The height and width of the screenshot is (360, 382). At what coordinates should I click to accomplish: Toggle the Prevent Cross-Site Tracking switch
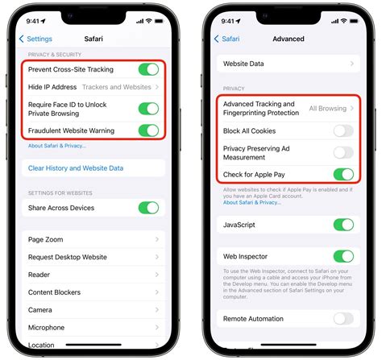pos(148,70)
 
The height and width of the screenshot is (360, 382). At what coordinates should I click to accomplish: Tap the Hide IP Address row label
pos(52,86)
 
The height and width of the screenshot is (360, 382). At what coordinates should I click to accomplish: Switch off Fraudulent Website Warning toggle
pos(148,130)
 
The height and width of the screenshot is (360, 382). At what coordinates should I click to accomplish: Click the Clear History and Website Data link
pos(76,168)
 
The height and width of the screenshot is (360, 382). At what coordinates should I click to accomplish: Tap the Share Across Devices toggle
pos(148,207)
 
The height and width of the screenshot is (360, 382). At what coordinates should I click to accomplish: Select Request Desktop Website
pos(68,257)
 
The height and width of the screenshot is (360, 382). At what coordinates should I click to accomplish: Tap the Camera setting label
pos(40,309)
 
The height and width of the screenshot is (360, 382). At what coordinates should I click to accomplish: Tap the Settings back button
pos(35,38)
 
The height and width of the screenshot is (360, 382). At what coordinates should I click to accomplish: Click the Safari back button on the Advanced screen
pos(227,38)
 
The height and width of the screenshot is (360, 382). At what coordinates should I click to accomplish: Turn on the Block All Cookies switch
pos(343,130)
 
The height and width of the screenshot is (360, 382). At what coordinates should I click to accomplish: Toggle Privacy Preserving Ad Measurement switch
pos(343,152)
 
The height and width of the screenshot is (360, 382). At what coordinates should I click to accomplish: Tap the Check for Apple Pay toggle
pos(343,174)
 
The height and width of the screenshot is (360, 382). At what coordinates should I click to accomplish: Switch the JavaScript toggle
pos(343,225)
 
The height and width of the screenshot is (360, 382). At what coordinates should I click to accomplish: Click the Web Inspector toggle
pos(343,256)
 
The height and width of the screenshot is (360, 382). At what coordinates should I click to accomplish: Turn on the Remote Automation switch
pos(343,318)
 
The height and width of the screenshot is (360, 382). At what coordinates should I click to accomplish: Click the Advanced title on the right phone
pos(289,38)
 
